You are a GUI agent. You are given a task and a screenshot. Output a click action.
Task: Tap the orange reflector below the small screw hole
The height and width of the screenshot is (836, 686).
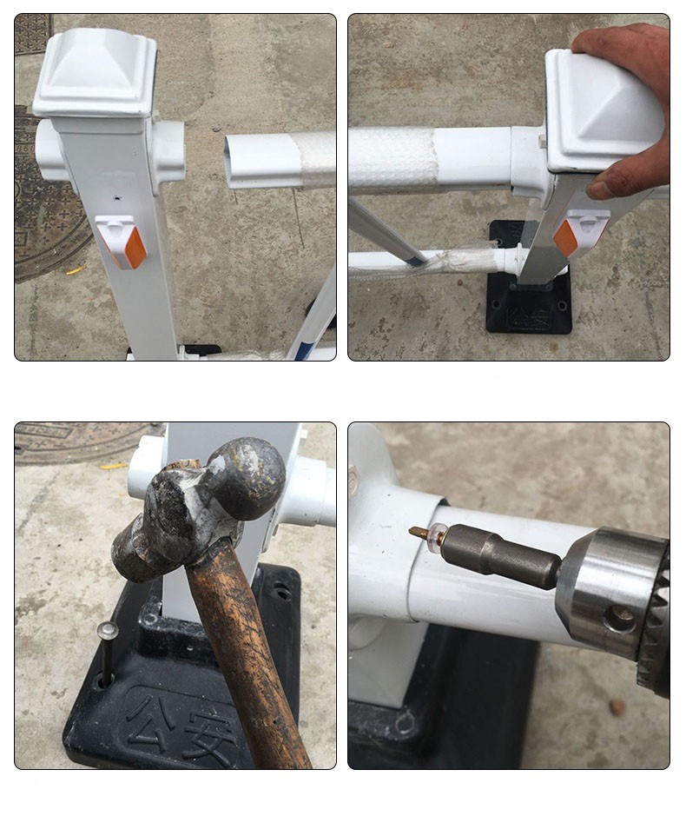[135, 248]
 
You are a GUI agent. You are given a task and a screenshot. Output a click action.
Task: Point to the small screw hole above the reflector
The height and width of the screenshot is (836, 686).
[117, 198]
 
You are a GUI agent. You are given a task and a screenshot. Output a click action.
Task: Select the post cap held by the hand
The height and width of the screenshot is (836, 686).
[604, 111]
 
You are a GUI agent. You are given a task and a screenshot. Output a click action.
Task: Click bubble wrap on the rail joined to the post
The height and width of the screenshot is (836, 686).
[392, 158]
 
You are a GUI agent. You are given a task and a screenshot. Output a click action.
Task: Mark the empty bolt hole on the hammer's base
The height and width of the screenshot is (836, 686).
[280, 591]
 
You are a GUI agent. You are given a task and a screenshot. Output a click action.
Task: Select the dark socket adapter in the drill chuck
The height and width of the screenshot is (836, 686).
[501, 554]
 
